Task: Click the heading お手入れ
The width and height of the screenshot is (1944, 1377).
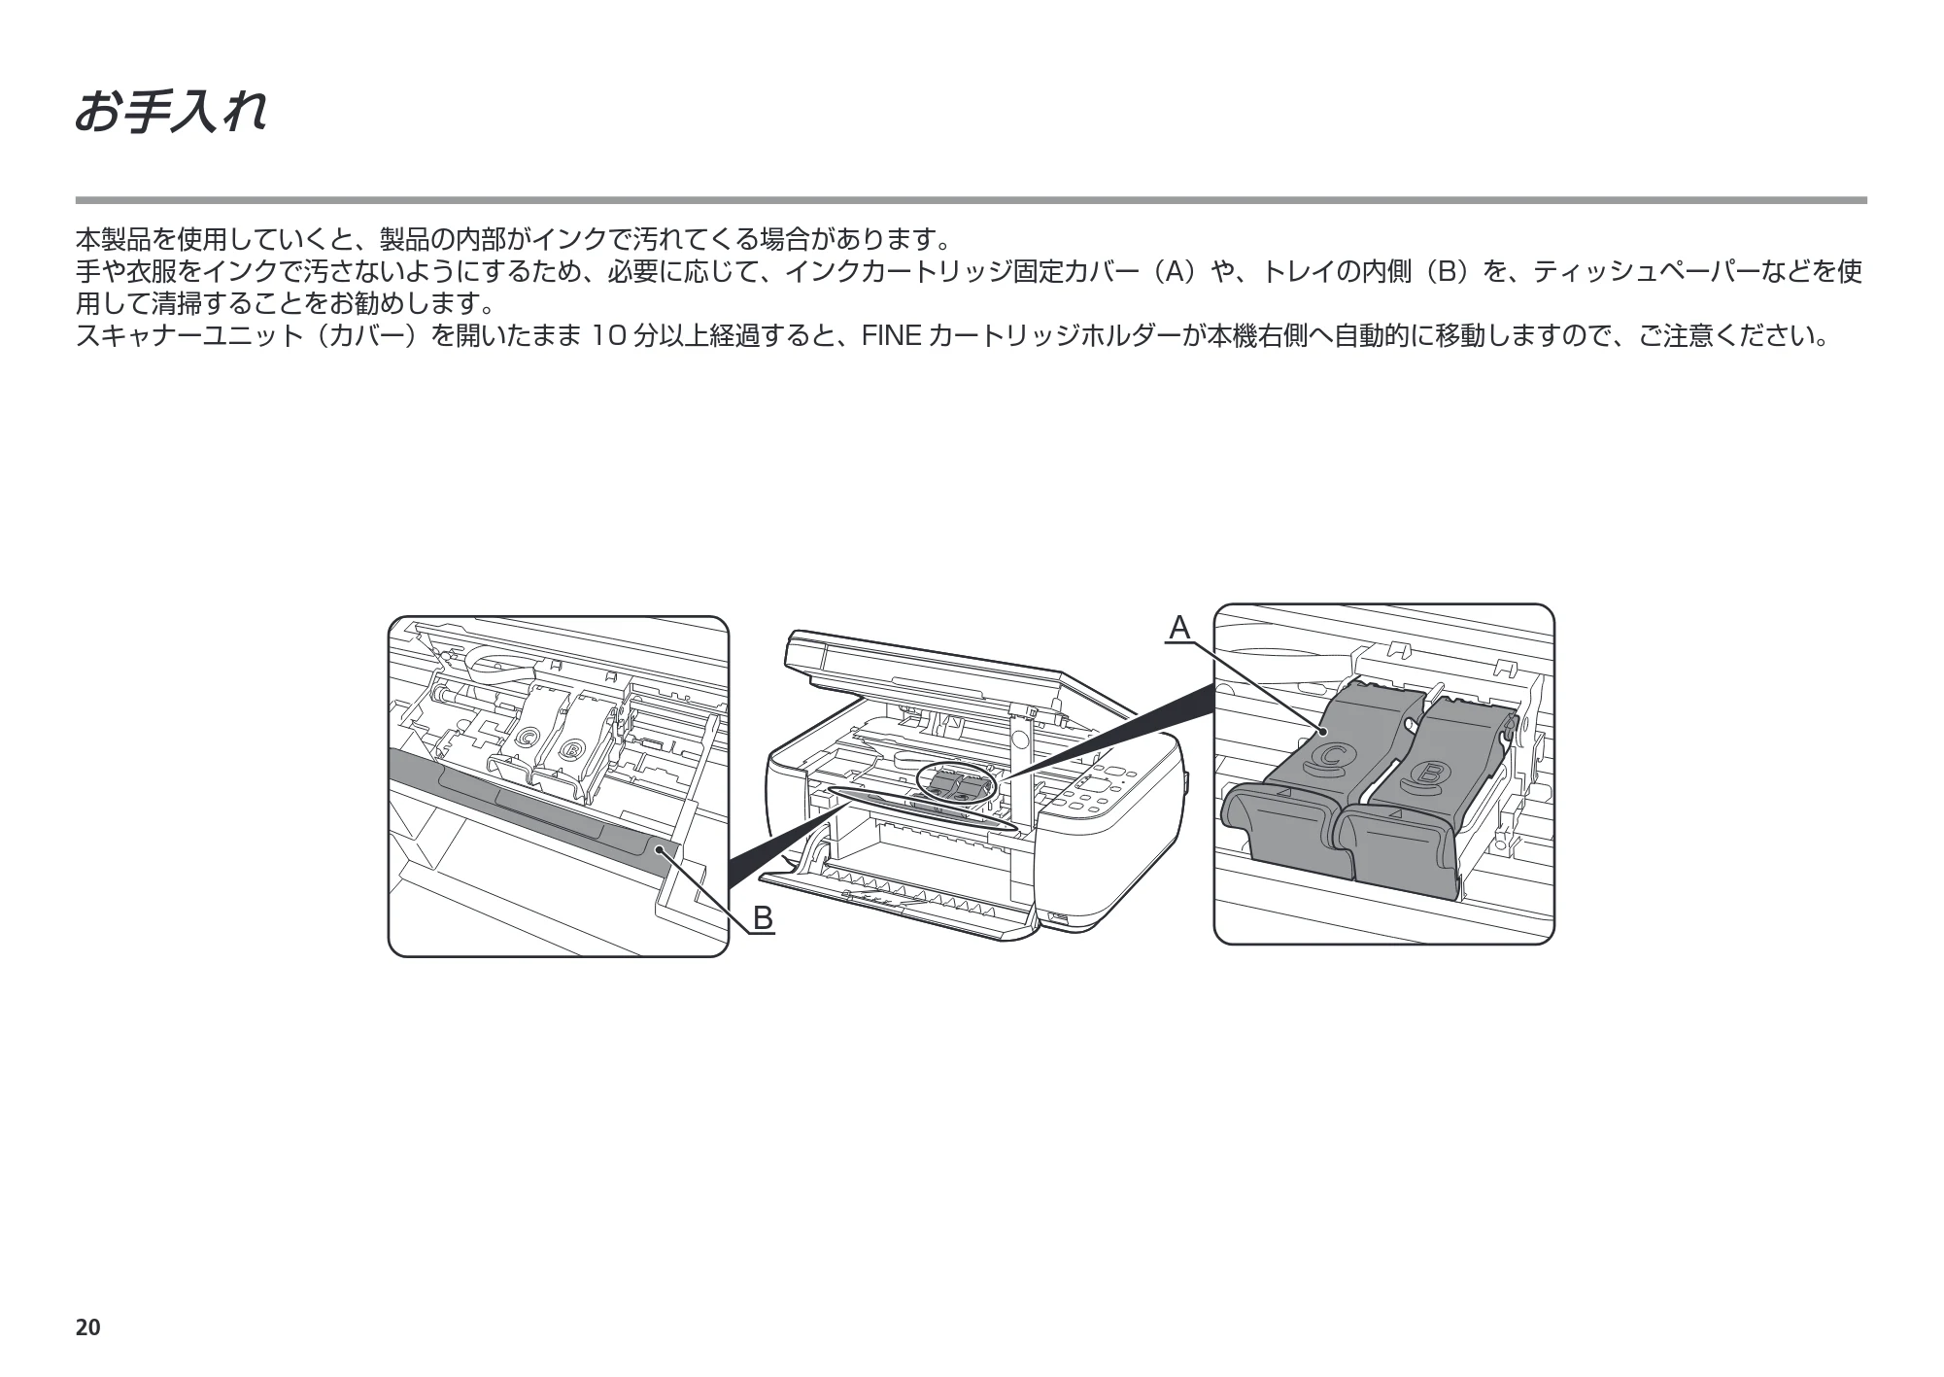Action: tap(170, 112)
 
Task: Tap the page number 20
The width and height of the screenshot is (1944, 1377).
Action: tap(87, 1327)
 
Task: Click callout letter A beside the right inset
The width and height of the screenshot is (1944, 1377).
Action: tap(1178, 628)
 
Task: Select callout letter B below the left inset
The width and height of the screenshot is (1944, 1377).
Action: tap(763, 917)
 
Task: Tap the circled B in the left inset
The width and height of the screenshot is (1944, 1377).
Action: tap(571, 750)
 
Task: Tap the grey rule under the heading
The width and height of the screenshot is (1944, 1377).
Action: tap(972, 200)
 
